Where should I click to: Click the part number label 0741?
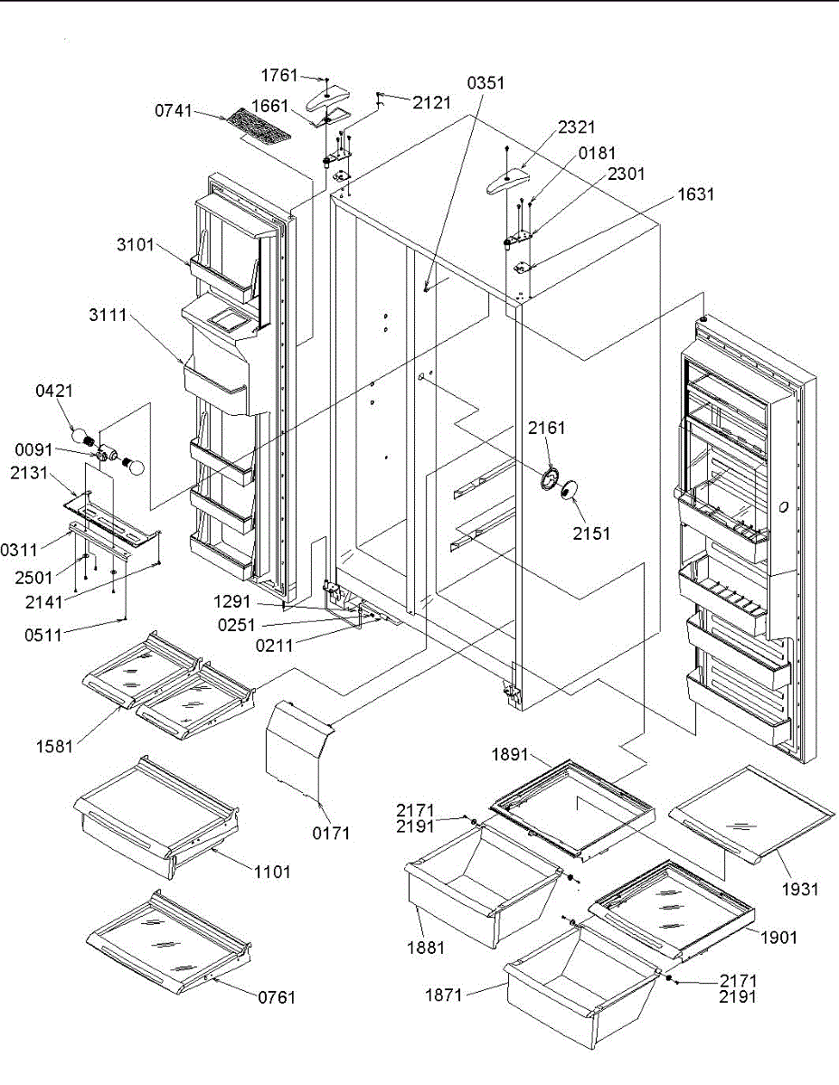[x=173, y=112]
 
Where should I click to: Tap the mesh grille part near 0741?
[x=259, y=127]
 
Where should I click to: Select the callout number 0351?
[x=485, y=84]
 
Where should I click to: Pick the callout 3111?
[x=108, y=316]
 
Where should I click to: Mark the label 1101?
[x=272, y=873]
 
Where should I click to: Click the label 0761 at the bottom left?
[x=277, y=998]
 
